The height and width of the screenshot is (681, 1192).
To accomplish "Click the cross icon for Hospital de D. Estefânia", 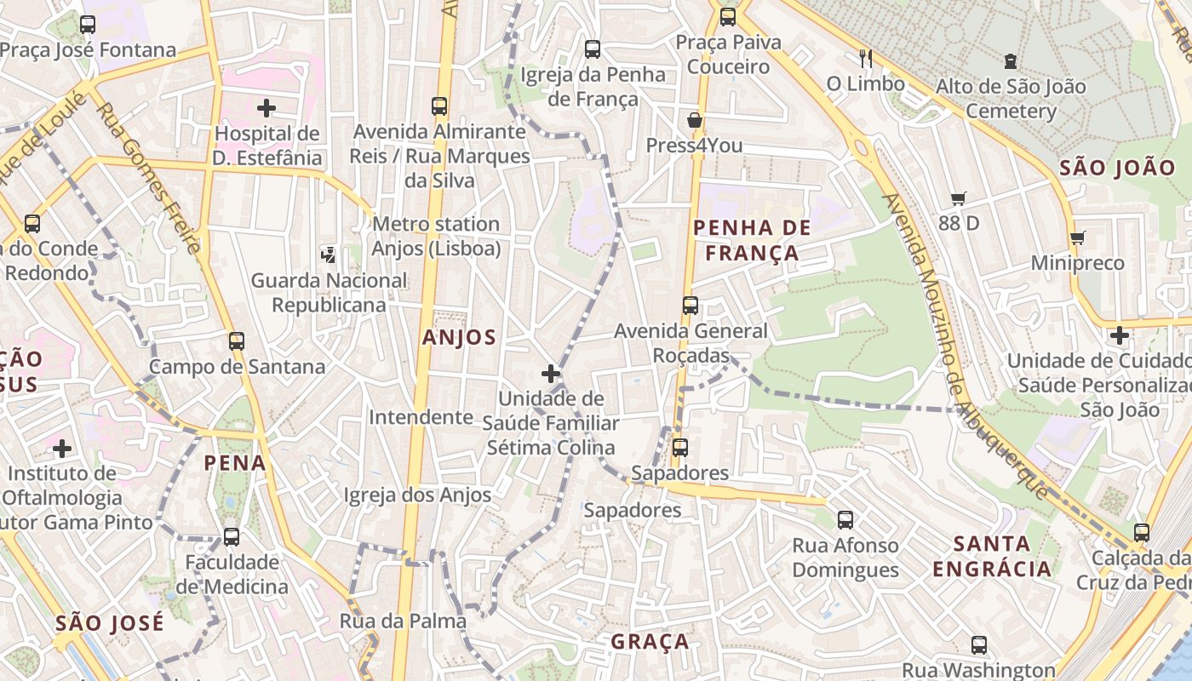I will pos(266,108).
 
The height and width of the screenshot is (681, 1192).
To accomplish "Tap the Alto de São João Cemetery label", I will pos(1011,99).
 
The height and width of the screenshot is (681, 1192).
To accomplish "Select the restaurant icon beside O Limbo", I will pos(866,59).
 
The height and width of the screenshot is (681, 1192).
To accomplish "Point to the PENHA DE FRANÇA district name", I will pos(752,240).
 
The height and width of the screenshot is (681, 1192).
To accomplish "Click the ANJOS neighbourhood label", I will pos(459,337).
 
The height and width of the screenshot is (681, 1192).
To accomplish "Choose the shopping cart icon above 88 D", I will pos(959,199).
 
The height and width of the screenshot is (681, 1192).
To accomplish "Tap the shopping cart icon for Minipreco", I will pos(1078,238).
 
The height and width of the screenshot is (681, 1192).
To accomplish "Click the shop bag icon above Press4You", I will pos(695,120).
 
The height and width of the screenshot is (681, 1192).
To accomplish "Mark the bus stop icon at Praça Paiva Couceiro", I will pos(727,17).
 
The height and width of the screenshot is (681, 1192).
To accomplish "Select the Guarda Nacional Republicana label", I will pos(329,292).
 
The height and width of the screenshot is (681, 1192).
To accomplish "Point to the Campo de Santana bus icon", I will pos(237,341).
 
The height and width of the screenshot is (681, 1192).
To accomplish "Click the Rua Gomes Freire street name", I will pos(150,179).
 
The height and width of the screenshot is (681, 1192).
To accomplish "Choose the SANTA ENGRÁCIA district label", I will pos(992,556).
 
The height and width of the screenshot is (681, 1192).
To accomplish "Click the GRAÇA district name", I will pos(650,641).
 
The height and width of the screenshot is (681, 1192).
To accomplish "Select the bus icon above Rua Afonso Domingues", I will pos(845,520).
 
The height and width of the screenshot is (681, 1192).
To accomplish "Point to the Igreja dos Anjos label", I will pos(417,495).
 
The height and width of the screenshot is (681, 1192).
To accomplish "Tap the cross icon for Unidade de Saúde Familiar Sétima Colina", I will pos(551,373).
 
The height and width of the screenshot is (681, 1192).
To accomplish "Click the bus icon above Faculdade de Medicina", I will pos(232,537).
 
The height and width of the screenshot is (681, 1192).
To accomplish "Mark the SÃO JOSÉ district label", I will pos(109,622).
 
